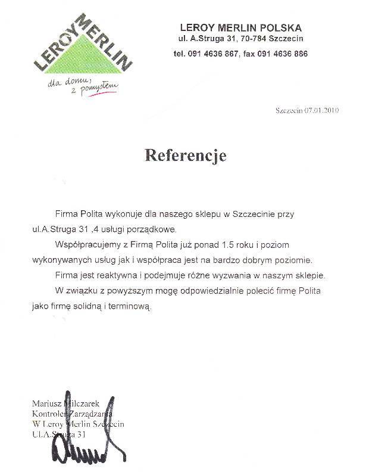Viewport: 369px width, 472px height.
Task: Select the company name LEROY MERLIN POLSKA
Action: [x=240, y=27]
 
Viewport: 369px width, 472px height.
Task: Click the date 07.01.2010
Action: [x=322, y=110]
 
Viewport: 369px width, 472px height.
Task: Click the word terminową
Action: [x=133, y=307]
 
